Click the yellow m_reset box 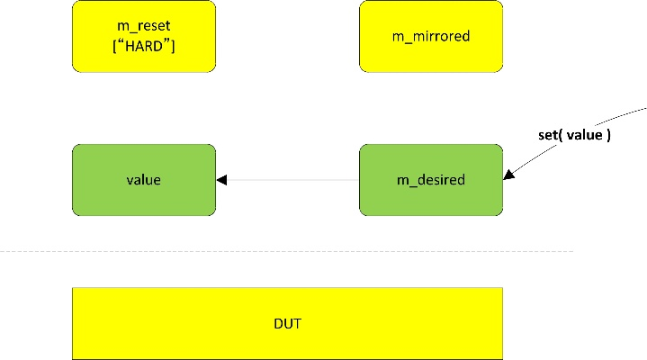[144, 36]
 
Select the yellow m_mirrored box [431, 36]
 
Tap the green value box [144, 180]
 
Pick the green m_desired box [431, 180]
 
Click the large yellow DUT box [287, 323]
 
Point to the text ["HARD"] [144, 45]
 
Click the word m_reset [144, 28]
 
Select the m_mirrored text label [431, 37]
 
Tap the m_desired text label [431, 180]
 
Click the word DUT [287, 323]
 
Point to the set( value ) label [574, 138]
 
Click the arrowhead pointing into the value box [221, 180]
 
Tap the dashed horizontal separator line [288, 251]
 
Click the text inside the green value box [144, 180]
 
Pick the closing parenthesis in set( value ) [608, 138]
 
